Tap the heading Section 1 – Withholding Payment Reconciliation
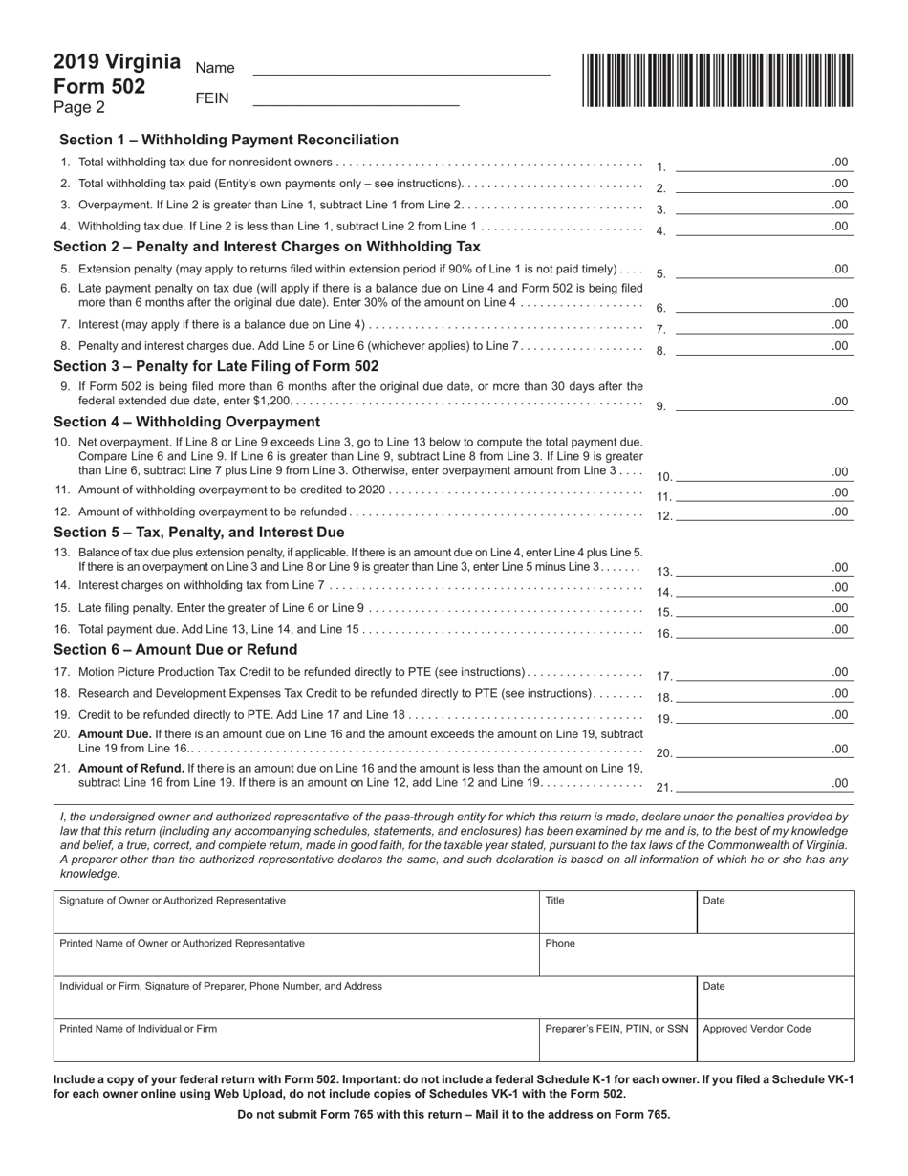pyautogui.click(x=228, y=140)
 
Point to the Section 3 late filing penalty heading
pyautogui.click(x=216, y=366)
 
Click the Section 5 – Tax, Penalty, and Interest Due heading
pyautogui.click(x=199, y=532)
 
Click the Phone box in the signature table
pyautogui.click(x=696, y=953)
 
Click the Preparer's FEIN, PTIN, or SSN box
pyautogui.click(x=616, y=1039)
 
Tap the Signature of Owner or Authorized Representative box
pyautogui.click(x=296, y=911)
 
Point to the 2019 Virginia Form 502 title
pyautogui.click(x=116, y=74)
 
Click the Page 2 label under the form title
pyautogui.click(x=79, y=107)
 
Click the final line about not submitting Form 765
pyautogui.click(x=453, y=1114)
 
